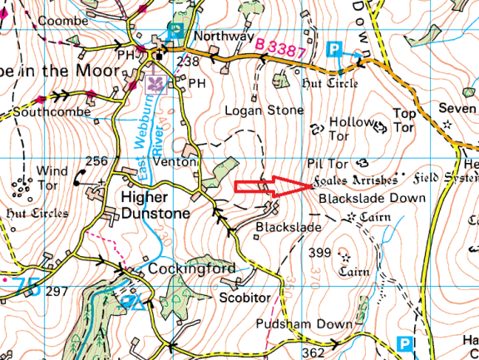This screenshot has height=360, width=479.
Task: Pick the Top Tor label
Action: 403,120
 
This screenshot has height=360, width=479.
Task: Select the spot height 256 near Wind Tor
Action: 96,161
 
